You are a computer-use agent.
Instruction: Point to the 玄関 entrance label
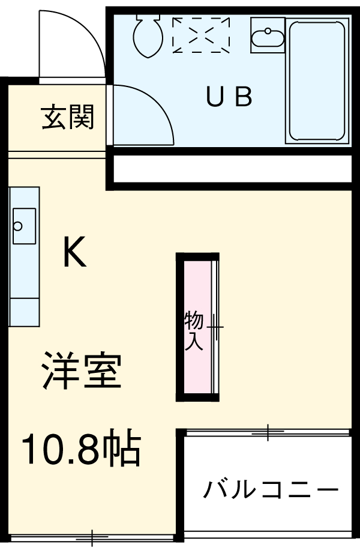coord(68,118)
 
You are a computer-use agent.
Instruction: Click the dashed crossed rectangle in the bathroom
coord(202,35)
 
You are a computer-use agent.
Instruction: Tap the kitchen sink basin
coord(24,226)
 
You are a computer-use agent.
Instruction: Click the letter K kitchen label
coord(75,253)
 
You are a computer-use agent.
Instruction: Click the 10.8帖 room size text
coord(81,450)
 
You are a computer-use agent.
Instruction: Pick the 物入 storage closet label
coord(193,330)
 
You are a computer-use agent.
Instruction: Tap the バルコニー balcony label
coord(270,491)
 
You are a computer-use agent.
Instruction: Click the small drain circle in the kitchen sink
coord(18,226)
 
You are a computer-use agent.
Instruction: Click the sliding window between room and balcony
coord(267,431)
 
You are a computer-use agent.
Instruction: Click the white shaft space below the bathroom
coord(232,170)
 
